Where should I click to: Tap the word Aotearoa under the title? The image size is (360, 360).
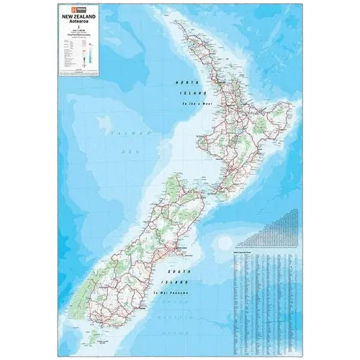[x=80, y=21]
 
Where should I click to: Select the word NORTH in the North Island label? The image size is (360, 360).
[x=186, y=84]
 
